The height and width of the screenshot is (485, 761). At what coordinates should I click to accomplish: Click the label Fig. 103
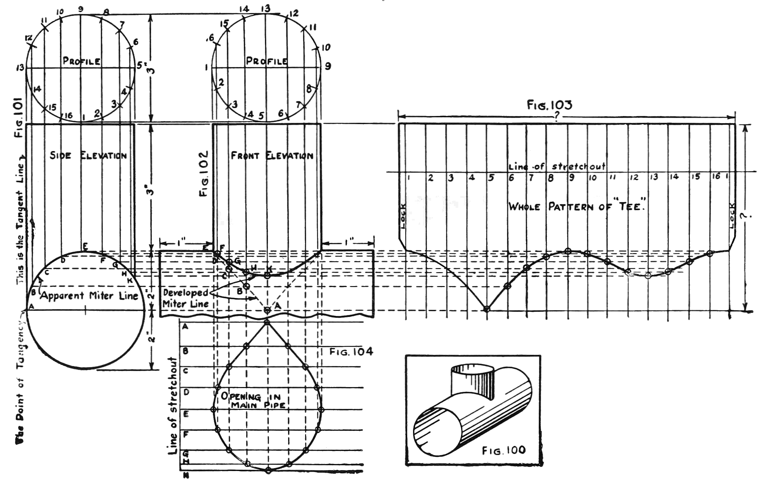point(550,105)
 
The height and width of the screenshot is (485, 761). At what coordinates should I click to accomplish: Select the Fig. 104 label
point(351,351)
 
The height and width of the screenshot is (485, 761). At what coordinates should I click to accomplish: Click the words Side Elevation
point(88,156)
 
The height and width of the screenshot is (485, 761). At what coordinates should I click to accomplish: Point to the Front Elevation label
point(272,156)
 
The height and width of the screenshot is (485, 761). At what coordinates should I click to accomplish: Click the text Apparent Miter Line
point(89,296)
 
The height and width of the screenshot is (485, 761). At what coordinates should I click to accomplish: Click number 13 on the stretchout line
point(654,177)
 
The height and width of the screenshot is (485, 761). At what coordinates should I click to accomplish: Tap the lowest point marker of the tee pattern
point(487,309)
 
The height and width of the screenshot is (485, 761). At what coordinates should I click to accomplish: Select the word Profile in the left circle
point(82,61)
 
